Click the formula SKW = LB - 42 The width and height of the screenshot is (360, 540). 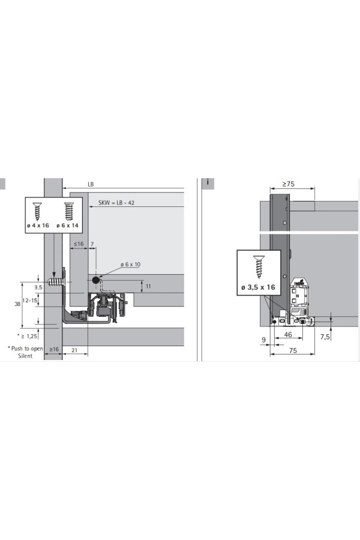[116, 203]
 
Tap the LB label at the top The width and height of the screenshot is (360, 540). [91, 184]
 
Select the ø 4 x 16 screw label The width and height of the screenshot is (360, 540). [38, 226]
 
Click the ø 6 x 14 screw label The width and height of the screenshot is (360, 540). [68, 226]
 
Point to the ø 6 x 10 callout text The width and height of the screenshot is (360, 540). [130, 265]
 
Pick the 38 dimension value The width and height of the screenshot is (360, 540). [17, 304]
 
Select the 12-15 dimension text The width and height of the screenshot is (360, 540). [30, 301]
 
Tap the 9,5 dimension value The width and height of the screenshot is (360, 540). [38, 287]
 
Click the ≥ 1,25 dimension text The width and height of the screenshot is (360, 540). [29, 336]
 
